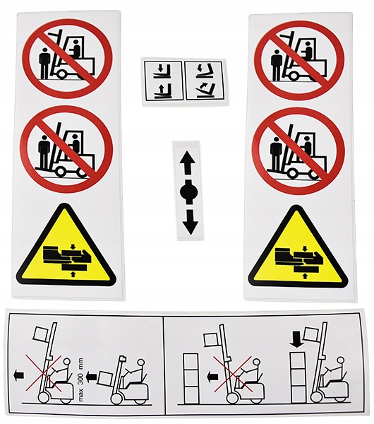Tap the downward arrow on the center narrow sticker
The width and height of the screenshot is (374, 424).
[x=190, y=222]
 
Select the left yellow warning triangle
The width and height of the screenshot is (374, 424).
[x=66, y=245]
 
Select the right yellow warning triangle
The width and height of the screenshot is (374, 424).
[x=298, y=247]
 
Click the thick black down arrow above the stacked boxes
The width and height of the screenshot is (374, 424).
[x=296, y=338]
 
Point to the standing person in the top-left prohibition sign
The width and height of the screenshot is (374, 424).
[x=44, y=64]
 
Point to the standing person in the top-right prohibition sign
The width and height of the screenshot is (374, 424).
[x=277, y=65]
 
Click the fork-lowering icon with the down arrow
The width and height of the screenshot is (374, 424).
[x=161, y=71]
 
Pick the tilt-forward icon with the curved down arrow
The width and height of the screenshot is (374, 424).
[x=204, y=71]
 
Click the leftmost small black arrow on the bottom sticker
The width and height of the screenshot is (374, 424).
[x=18, y=376]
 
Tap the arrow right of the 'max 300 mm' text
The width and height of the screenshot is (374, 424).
[x=91, y=376]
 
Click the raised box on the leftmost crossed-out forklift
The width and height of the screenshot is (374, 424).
[x=40, y=334]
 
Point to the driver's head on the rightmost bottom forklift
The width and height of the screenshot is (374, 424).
[x=341, y=360]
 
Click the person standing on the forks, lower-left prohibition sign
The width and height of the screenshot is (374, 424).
[x=44, y=152]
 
